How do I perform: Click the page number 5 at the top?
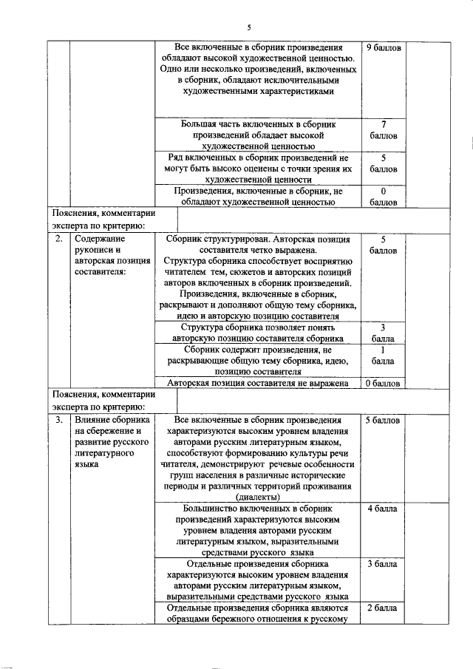coord(248,27)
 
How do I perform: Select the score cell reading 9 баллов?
coord(384,47)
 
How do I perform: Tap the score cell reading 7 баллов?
coord(384,130)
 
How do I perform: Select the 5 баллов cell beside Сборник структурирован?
coord(384,245)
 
